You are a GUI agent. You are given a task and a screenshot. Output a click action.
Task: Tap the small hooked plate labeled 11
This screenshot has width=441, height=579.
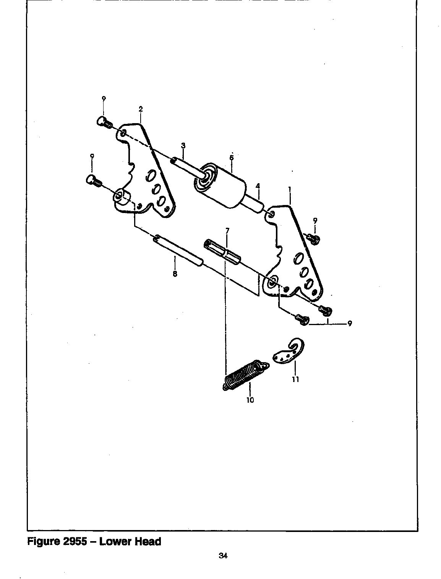[289, 352]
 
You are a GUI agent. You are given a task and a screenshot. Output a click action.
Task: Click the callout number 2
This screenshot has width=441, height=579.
[141, 109]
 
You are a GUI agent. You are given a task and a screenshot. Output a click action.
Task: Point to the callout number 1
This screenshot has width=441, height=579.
[290, 189]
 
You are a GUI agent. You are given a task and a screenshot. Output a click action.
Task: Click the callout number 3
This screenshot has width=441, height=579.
[183, 146]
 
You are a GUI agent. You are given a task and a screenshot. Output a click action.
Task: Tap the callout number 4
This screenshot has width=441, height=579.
[258, 186]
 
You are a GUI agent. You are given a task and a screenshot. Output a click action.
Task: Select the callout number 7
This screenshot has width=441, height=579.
[227, 231]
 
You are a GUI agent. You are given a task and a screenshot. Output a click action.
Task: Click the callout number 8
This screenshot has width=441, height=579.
[175, 274]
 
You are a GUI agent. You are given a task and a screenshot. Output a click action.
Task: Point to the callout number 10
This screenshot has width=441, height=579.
[250, 400]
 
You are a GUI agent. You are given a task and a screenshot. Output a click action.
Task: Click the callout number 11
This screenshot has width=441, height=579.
[295, 379]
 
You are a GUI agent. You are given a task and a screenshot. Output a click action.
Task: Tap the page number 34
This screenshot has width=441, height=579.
[223, 556]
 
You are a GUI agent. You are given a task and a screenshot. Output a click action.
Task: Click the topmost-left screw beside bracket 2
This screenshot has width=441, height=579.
[103, 122]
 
